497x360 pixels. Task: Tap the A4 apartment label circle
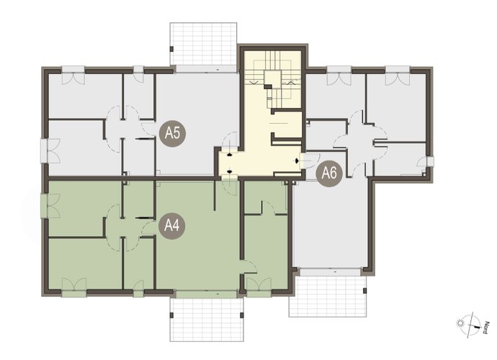[172, 226]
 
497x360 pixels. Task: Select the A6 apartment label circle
[329, 174]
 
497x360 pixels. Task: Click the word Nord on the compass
[485, 328]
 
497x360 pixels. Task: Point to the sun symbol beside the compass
[460, 323]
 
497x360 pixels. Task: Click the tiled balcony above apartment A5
[203, 44]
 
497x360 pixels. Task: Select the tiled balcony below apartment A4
[207, 320]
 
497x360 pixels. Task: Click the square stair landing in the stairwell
[272, 78]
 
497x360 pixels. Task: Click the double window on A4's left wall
[50, 206]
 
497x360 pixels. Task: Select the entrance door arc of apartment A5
[229, 140]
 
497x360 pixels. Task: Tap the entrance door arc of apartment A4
[230, 188]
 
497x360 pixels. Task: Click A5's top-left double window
[73, 76]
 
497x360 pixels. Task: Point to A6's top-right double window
[398, 76]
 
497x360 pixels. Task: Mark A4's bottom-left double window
[74, 287]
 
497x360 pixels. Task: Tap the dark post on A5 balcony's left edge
[171, 49]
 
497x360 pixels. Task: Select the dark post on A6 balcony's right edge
[365, 290]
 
